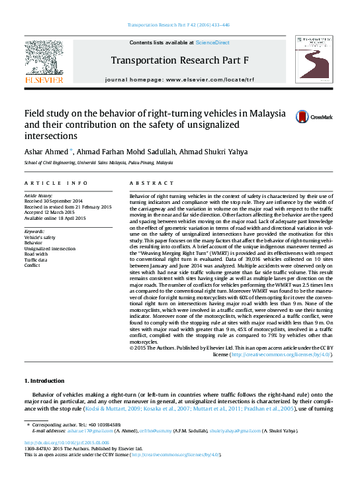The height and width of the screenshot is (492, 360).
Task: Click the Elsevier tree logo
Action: point(44,64)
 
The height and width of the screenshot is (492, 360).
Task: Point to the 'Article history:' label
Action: point(39,195)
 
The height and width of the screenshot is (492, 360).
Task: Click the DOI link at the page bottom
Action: point(67,443)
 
